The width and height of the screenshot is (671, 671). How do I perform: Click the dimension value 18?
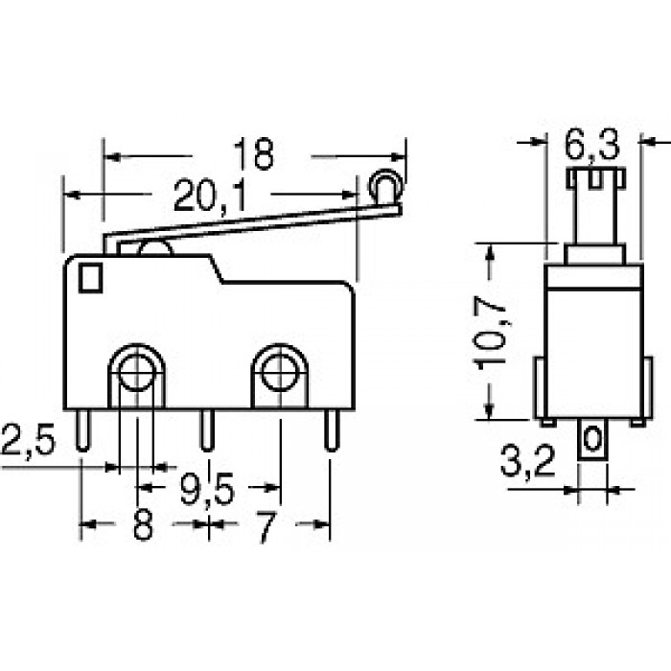253,153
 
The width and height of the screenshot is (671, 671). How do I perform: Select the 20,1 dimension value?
210,197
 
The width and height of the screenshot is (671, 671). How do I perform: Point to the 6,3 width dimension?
591,145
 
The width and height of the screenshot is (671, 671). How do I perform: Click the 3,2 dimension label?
527,461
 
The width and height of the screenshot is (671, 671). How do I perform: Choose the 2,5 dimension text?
28,439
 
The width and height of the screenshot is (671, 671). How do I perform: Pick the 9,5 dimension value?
207,488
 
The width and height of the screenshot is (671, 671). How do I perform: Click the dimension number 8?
143,525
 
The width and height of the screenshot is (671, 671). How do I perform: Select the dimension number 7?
266,526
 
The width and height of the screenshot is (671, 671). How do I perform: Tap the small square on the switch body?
90,278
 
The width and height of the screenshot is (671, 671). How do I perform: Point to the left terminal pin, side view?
83,430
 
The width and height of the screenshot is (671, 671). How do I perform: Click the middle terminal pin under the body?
208,430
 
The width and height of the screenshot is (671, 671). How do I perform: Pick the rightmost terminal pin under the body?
331,430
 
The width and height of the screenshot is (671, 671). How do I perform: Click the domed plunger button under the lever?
156,248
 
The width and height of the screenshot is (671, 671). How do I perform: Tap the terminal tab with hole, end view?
592,440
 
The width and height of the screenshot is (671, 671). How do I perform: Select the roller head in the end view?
595,178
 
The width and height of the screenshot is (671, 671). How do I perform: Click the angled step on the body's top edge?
217,268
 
